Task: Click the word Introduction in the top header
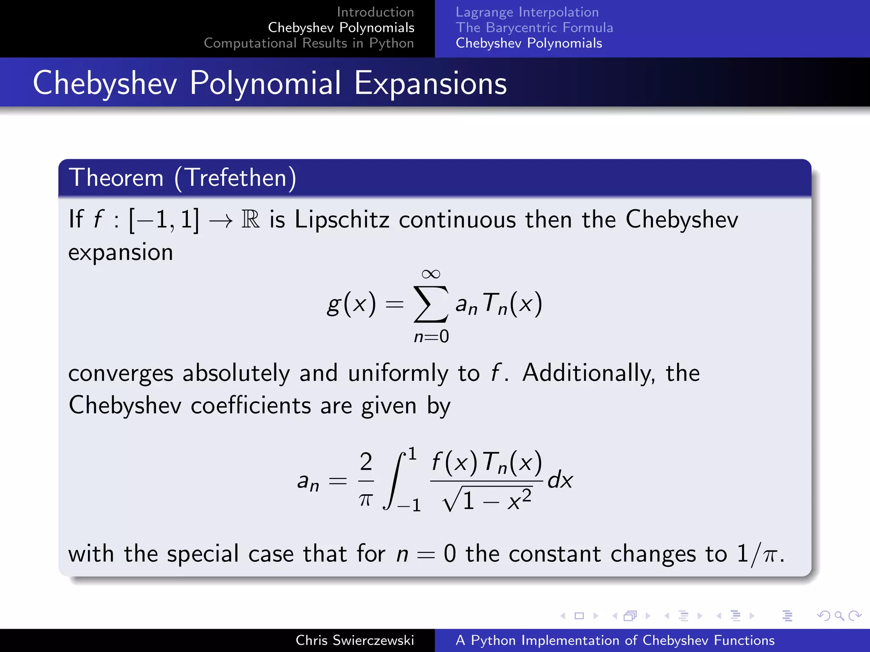[375, 12]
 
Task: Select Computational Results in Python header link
[309, 43]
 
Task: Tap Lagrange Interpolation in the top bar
[527, 12]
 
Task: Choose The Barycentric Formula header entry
[534, 28]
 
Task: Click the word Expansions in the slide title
[430, 83]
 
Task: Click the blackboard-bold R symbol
[251, 219]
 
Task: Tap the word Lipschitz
[342, 219]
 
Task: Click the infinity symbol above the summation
[431, 274]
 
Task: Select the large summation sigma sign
[431, 304]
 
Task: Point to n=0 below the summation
[431, 337]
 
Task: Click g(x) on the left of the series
[351, 304]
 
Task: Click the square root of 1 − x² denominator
[487, 500]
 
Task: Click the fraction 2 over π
[366, 480]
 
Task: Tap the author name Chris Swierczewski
[355, 640]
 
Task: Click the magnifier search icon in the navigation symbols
[839, 615]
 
